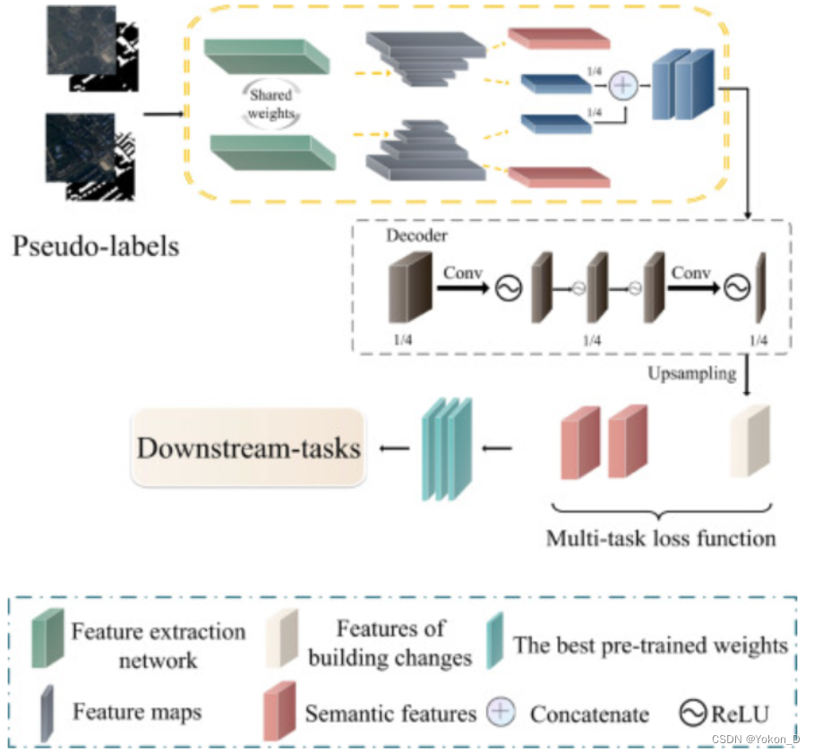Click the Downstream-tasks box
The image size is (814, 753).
[x=249, y=447]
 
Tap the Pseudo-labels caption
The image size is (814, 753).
[x=96, y=244]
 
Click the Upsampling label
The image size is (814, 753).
[x=691, y=372]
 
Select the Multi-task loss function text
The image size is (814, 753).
[x=662, y=538]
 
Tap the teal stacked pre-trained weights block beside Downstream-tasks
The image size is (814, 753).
[x=446, y=447]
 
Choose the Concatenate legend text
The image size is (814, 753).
[x=589, y=714]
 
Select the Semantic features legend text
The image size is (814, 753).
[x=390, y=714]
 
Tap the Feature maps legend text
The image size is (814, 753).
[x=137, y=712]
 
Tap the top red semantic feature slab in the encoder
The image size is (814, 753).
[x=559, y=39]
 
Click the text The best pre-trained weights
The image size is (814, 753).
[x=650, y=645]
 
